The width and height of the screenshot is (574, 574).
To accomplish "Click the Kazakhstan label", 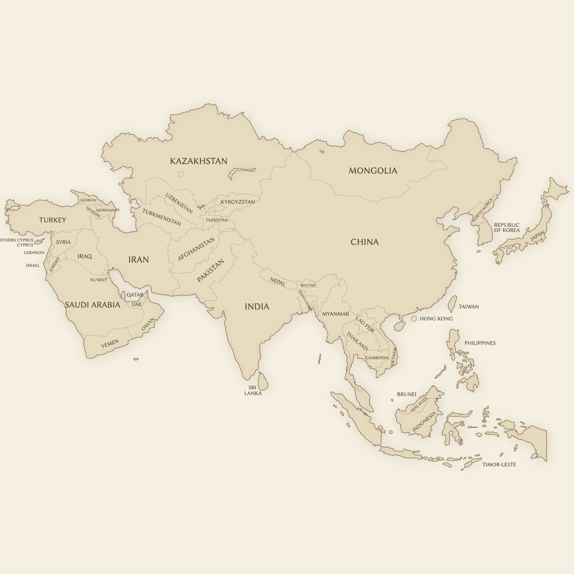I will pyautogui.click(x=199, y=161).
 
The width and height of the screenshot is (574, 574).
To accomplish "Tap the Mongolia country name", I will pyautogui.click(x=373, y=171).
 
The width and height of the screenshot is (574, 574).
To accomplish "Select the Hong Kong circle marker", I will pyautogui.click(x=414, y=319).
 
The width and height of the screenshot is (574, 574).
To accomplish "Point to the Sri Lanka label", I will pyautogui.click(x=253, y=390).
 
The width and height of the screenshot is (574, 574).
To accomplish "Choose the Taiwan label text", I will pyautogui.click(x=469, y=307).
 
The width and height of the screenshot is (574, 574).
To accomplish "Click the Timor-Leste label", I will pyautogui.click(x=499, y=464).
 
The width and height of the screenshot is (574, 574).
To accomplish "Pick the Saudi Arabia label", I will pyautogui.click(x=92, y=305).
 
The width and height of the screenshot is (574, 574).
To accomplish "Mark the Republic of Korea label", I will pyautogui.click(x=507, y=227).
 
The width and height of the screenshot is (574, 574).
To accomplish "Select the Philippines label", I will pyautogui.click(x=480, y=343).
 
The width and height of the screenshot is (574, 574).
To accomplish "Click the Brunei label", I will pyautogui.click(x=407, y=395).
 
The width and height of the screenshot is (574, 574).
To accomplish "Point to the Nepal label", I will pyautogui.click(x=277, y=282).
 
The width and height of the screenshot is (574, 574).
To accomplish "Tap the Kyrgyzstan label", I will pyautogui.click(x=238, y=202).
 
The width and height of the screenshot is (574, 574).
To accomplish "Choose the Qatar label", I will pyautogui.click(x=135, y=295).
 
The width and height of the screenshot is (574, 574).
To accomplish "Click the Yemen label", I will pyautogui.click(x=110, y=343).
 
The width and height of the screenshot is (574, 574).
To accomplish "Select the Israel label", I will pyautogui.click(x=33, y=265).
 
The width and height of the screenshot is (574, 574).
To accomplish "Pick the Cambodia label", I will pyautogui.click(x=377, y=358).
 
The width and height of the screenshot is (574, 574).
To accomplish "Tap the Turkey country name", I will pyautogui.click(x=53, y=220).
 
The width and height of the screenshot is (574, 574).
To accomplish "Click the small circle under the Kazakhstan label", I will pyautogui.click(x=181, y=174).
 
